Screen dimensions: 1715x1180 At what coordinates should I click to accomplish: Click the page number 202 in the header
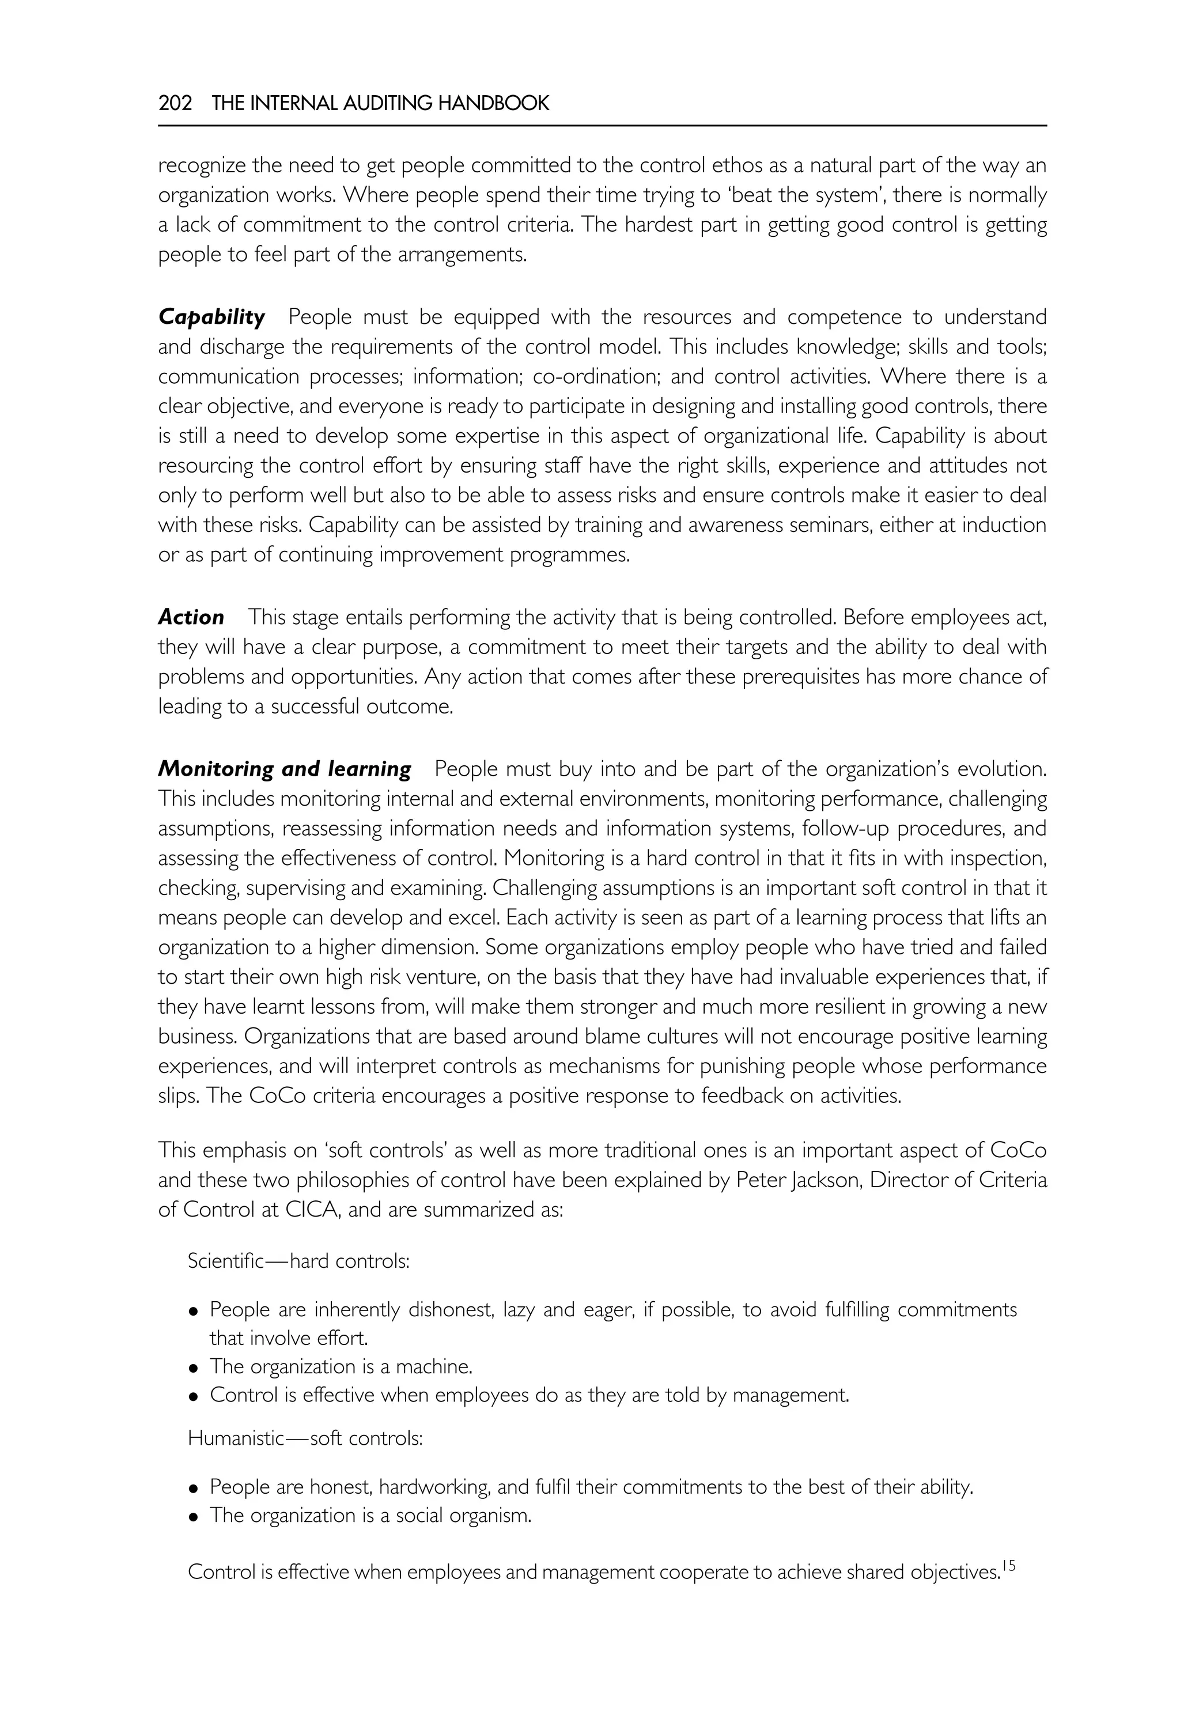pos(175,104)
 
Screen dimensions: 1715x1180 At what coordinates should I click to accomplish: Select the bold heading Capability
pos(211,318)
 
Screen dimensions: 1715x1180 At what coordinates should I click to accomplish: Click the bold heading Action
pos(191,618)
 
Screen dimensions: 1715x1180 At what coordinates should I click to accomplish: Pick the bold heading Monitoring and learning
pos(285,770)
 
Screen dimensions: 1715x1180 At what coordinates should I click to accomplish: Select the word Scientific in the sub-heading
pos(225,1260)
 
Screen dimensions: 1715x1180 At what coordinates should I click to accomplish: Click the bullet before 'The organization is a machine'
pos(194,1368)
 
